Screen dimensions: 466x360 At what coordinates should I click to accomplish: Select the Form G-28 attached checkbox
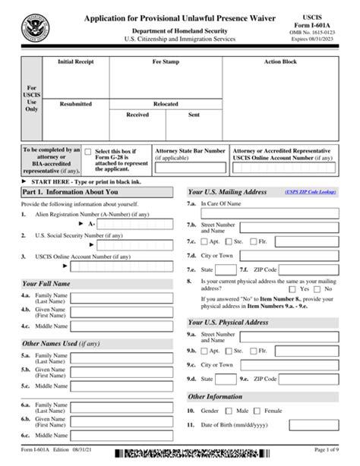(89, 152)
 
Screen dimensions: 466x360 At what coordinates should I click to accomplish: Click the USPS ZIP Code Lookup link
(310, 192)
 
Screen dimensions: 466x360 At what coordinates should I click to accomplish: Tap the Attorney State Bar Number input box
(190, 168)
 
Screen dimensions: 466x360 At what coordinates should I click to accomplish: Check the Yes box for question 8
(293, 289)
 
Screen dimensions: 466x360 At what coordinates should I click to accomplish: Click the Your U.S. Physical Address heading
(228, 322)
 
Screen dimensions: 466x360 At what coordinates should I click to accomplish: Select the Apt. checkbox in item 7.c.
(204, 242)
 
